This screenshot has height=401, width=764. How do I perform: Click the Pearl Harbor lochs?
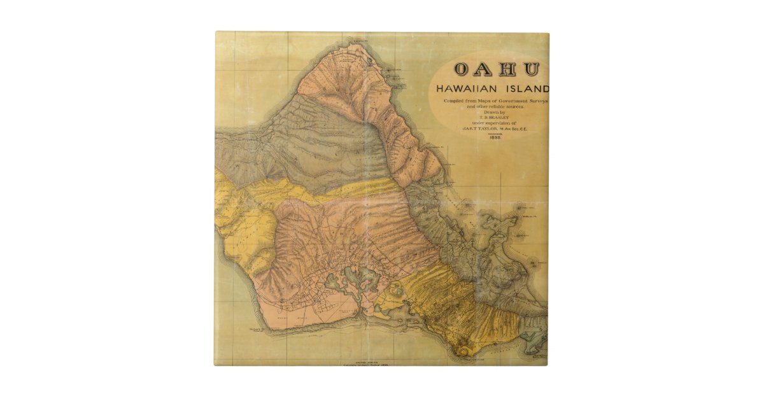click(350, 280)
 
